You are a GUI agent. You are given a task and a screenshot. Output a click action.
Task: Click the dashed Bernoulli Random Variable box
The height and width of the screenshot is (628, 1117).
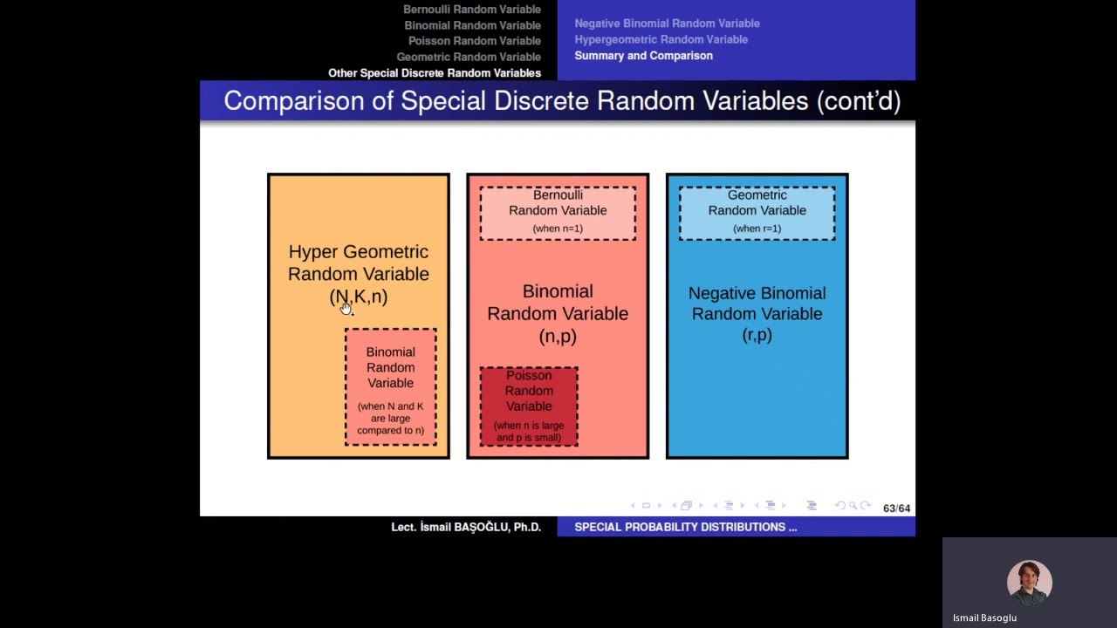[x=558, y=212]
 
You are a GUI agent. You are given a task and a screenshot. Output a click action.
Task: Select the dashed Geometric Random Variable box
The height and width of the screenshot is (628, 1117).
[x=757, y=212]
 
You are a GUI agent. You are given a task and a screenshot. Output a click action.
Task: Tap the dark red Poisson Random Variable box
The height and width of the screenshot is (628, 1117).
[x=529, y=406]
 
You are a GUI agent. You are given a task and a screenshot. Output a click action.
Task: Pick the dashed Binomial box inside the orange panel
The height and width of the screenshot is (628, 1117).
[x=390, y=386]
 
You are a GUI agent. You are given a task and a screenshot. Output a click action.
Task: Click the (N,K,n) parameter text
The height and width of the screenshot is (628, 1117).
[x=359, y=297]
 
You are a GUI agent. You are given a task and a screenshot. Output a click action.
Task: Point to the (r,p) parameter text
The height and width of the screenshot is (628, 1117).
[x=757, y=335]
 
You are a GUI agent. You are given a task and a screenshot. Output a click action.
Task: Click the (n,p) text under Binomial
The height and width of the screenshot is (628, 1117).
[x=558, y=336]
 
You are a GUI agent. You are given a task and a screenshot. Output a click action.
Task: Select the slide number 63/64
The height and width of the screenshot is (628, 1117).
[x=896, y=508]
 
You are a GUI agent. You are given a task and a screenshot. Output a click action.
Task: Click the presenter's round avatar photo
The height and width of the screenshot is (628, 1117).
[x=1029, y=582]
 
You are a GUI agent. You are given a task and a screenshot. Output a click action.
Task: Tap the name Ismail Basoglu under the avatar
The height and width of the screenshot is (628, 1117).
[x=984, y=618]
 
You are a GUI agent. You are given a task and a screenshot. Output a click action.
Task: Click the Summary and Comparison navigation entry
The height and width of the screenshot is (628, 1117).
[x=643, y=56]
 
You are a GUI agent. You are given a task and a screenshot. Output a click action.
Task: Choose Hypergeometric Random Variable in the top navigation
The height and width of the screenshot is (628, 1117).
[x=661, y=39]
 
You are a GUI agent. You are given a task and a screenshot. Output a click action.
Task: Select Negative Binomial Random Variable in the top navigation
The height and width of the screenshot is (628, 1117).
[x=667, y=24]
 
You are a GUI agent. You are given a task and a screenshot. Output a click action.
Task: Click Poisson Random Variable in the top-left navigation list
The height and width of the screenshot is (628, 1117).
[x=474, y=41]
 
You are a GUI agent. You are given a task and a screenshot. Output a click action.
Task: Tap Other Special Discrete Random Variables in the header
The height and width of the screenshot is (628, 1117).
[x=434, y=73]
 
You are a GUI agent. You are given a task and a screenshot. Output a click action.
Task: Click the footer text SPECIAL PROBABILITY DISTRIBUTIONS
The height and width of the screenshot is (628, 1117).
[x=685, y=527]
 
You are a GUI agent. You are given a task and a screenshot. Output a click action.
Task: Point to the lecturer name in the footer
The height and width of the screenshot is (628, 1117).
[x=465, y=527]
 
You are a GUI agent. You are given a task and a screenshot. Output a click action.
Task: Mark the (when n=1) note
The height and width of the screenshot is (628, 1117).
[x=558, y=229]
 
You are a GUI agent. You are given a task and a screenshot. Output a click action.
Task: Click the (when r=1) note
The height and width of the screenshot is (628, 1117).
[x=757, y=229]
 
